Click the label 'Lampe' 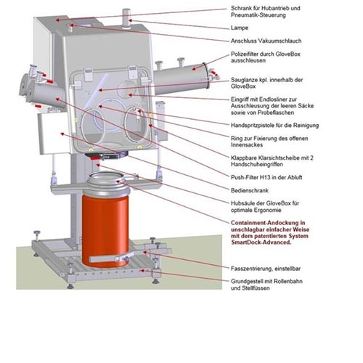tap(240, 28)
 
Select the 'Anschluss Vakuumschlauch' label tap(266, 41)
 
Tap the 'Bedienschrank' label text tap(250, 190)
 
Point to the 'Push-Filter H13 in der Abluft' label tap(266, 177)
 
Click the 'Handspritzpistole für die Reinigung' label tap(274, 126)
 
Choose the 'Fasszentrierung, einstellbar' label tap(266, 269)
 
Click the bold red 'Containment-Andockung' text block tap(270, 232)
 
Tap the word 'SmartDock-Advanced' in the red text tap(261, 242)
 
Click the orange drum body tap(105, 230)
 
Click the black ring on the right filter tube tap(206, 76)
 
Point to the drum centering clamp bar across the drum tap(111, 258)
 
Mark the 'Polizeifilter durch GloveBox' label tap(266, 57)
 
